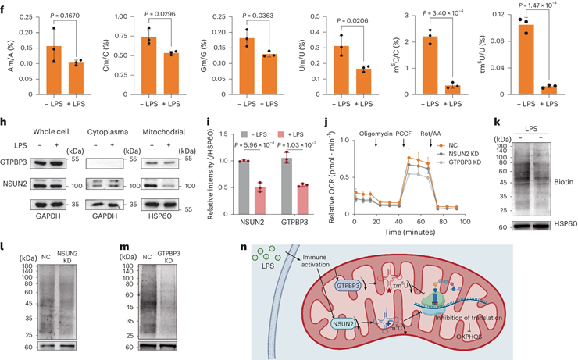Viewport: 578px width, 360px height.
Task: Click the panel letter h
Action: coord(7,124)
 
